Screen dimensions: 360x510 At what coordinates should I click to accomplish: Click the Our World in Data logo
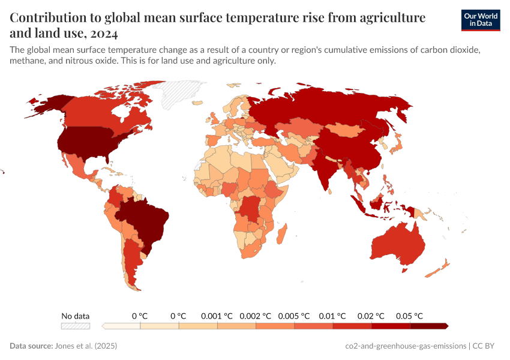[x=480, y=20]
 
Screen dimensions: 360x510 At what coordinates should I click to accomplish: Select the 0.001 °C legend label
[x=217, y=316]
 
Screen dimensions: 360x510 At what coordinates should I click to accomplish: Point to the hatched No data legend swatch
[x=76, y=326]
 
